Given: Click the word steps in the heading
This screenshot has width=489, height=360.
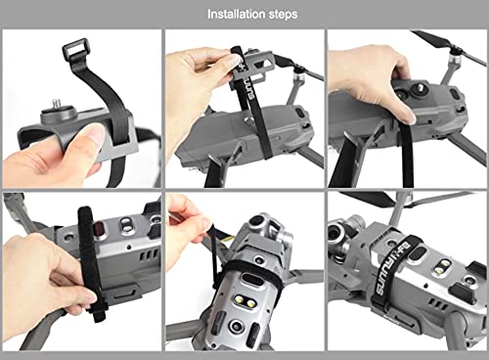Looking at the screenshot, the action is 284,15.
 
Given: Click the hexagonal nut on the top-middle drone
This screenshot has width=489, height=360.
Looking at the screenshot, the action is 248,122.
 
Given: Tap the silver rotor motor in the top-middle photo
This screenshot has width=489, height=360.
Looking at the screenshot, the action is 299,77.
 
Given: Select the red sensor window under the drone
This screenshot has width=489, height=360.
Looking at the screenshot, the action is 98,226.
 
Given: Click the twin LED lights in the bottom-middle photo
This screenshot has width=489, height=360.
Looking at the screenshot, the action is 245,301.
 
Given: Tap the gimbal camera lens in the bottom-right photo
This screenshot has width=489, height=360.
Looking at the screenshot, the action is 334,234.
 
